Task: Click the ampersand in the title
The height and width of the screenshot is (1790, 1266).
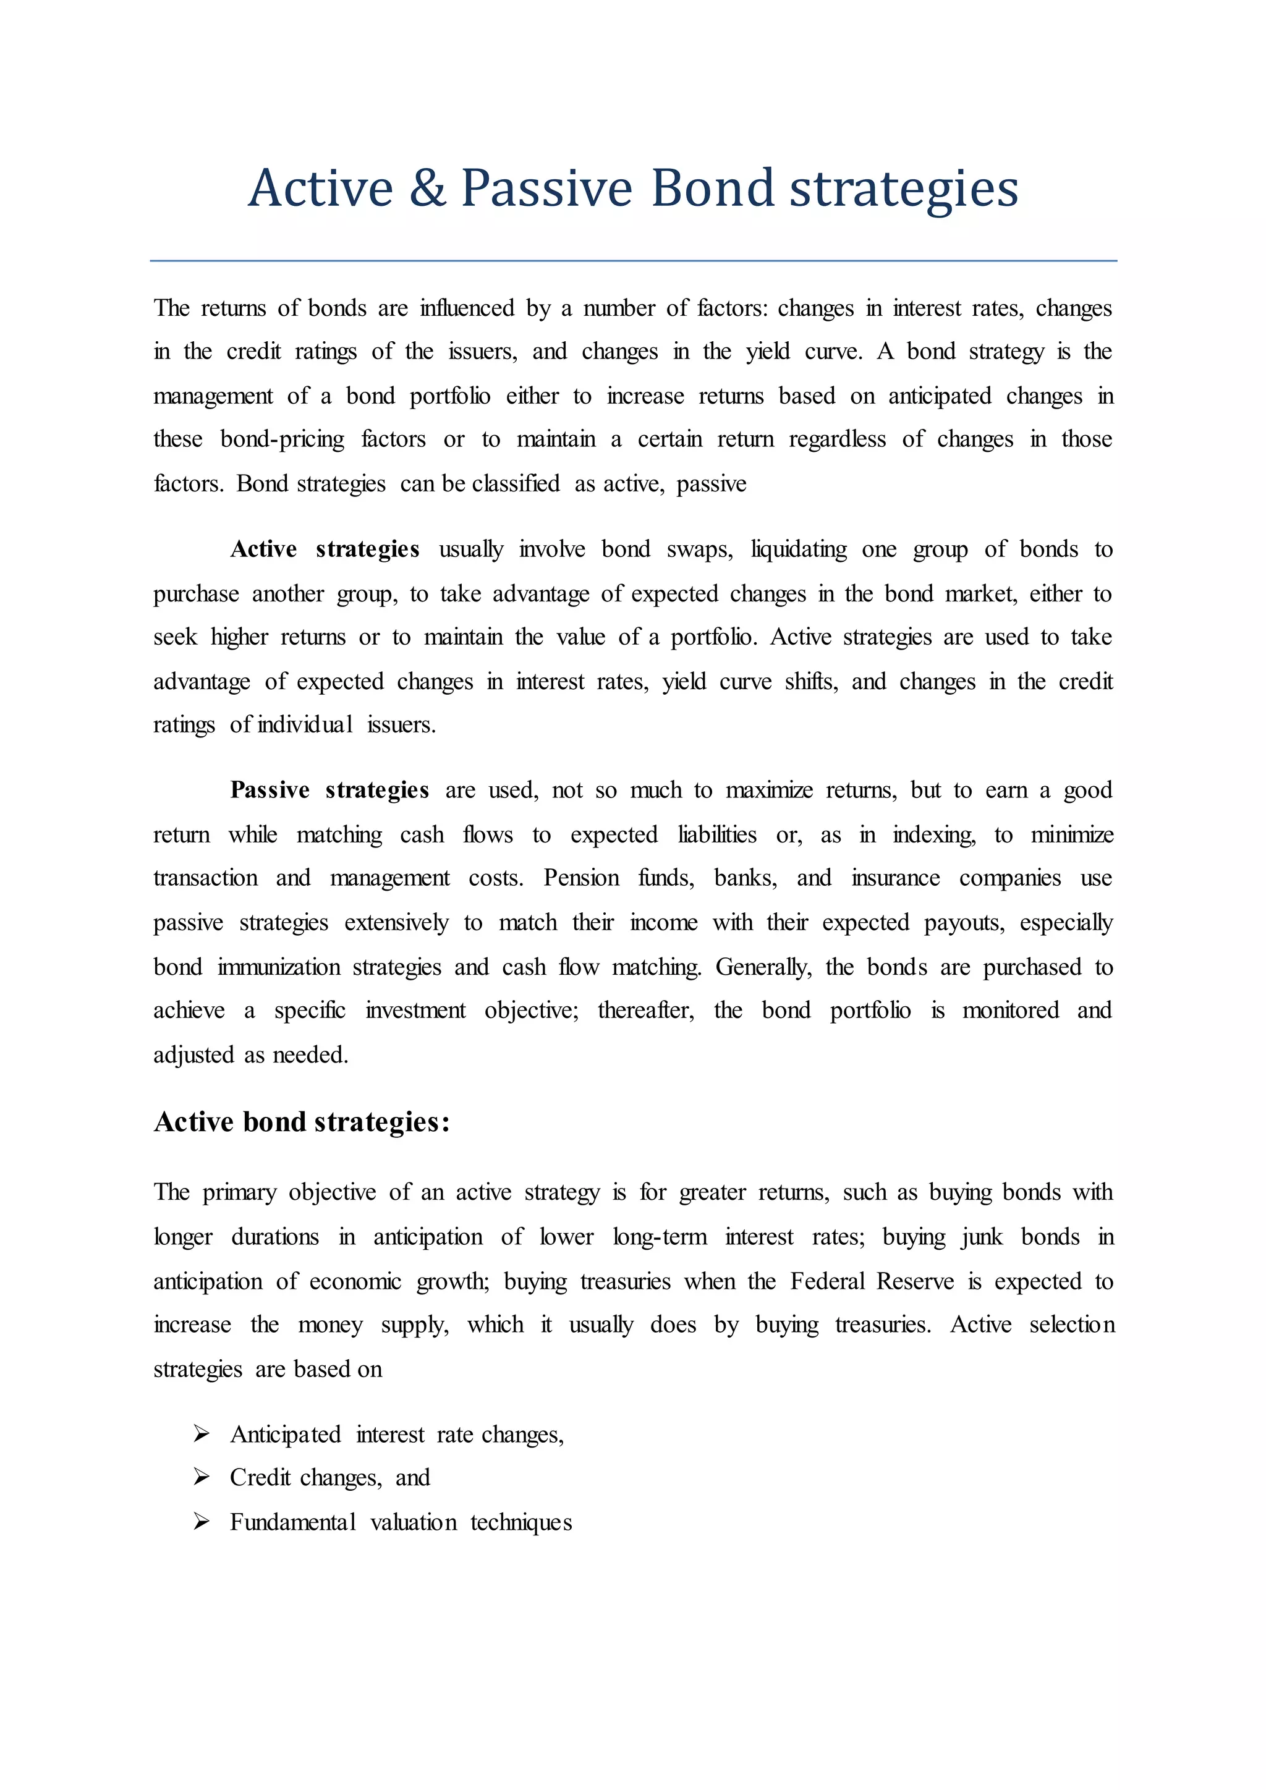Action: coord(427,189)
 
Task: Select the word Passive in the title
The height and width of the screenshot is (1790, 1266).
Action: coord(546,189)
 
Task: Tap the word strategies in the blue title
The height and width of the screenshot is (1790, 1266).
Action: coord(904,189)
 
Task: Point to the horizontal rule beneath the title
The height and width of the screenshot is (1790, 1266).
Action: coord(633,260)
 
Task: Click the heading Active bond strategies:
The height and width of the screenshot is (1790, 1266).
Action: coord(302,1122)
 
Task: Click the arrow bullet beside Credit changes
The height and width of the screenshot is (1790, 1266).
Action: coord(201,1477)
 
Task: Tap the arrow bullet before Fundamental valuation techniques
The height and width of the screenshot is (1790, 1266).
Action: coord(201,1521)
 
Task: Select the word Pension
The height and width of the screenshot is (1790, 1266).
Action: coord(581,878)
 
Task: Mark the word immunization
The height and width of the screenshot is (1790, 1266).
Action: coord(278,967)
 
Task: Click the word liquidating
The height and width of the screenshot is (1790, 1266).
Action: coord(798,549)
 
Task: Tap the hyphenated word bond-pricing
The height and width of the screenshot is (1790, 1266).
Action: coord(283,439)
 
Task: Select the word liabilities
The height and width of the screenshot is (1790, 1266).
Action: coord(716,834)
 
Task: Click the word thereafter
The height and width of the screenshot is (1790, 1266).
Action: coord(645,1011)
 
